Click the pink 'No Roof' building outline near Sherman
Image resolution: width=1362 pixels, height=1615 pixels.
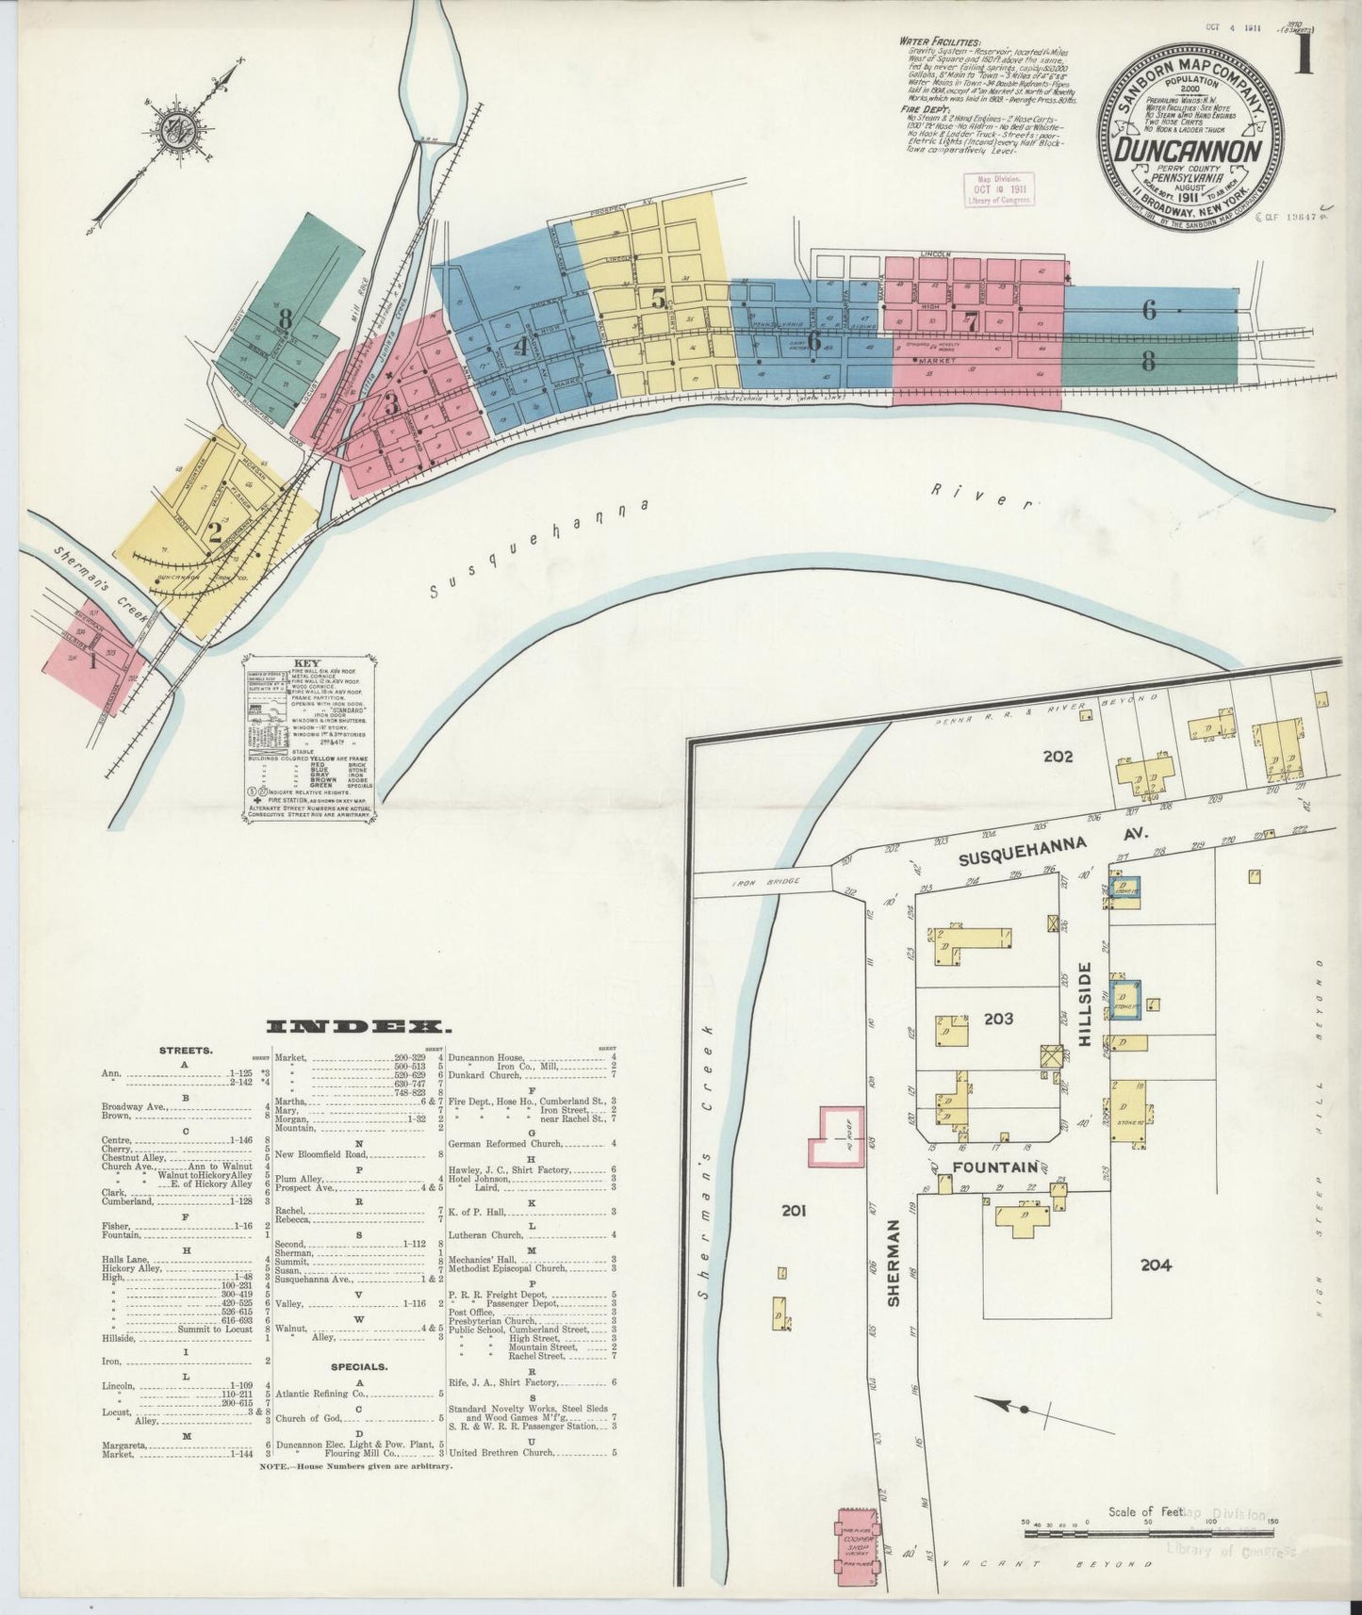click(837, 1135)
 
